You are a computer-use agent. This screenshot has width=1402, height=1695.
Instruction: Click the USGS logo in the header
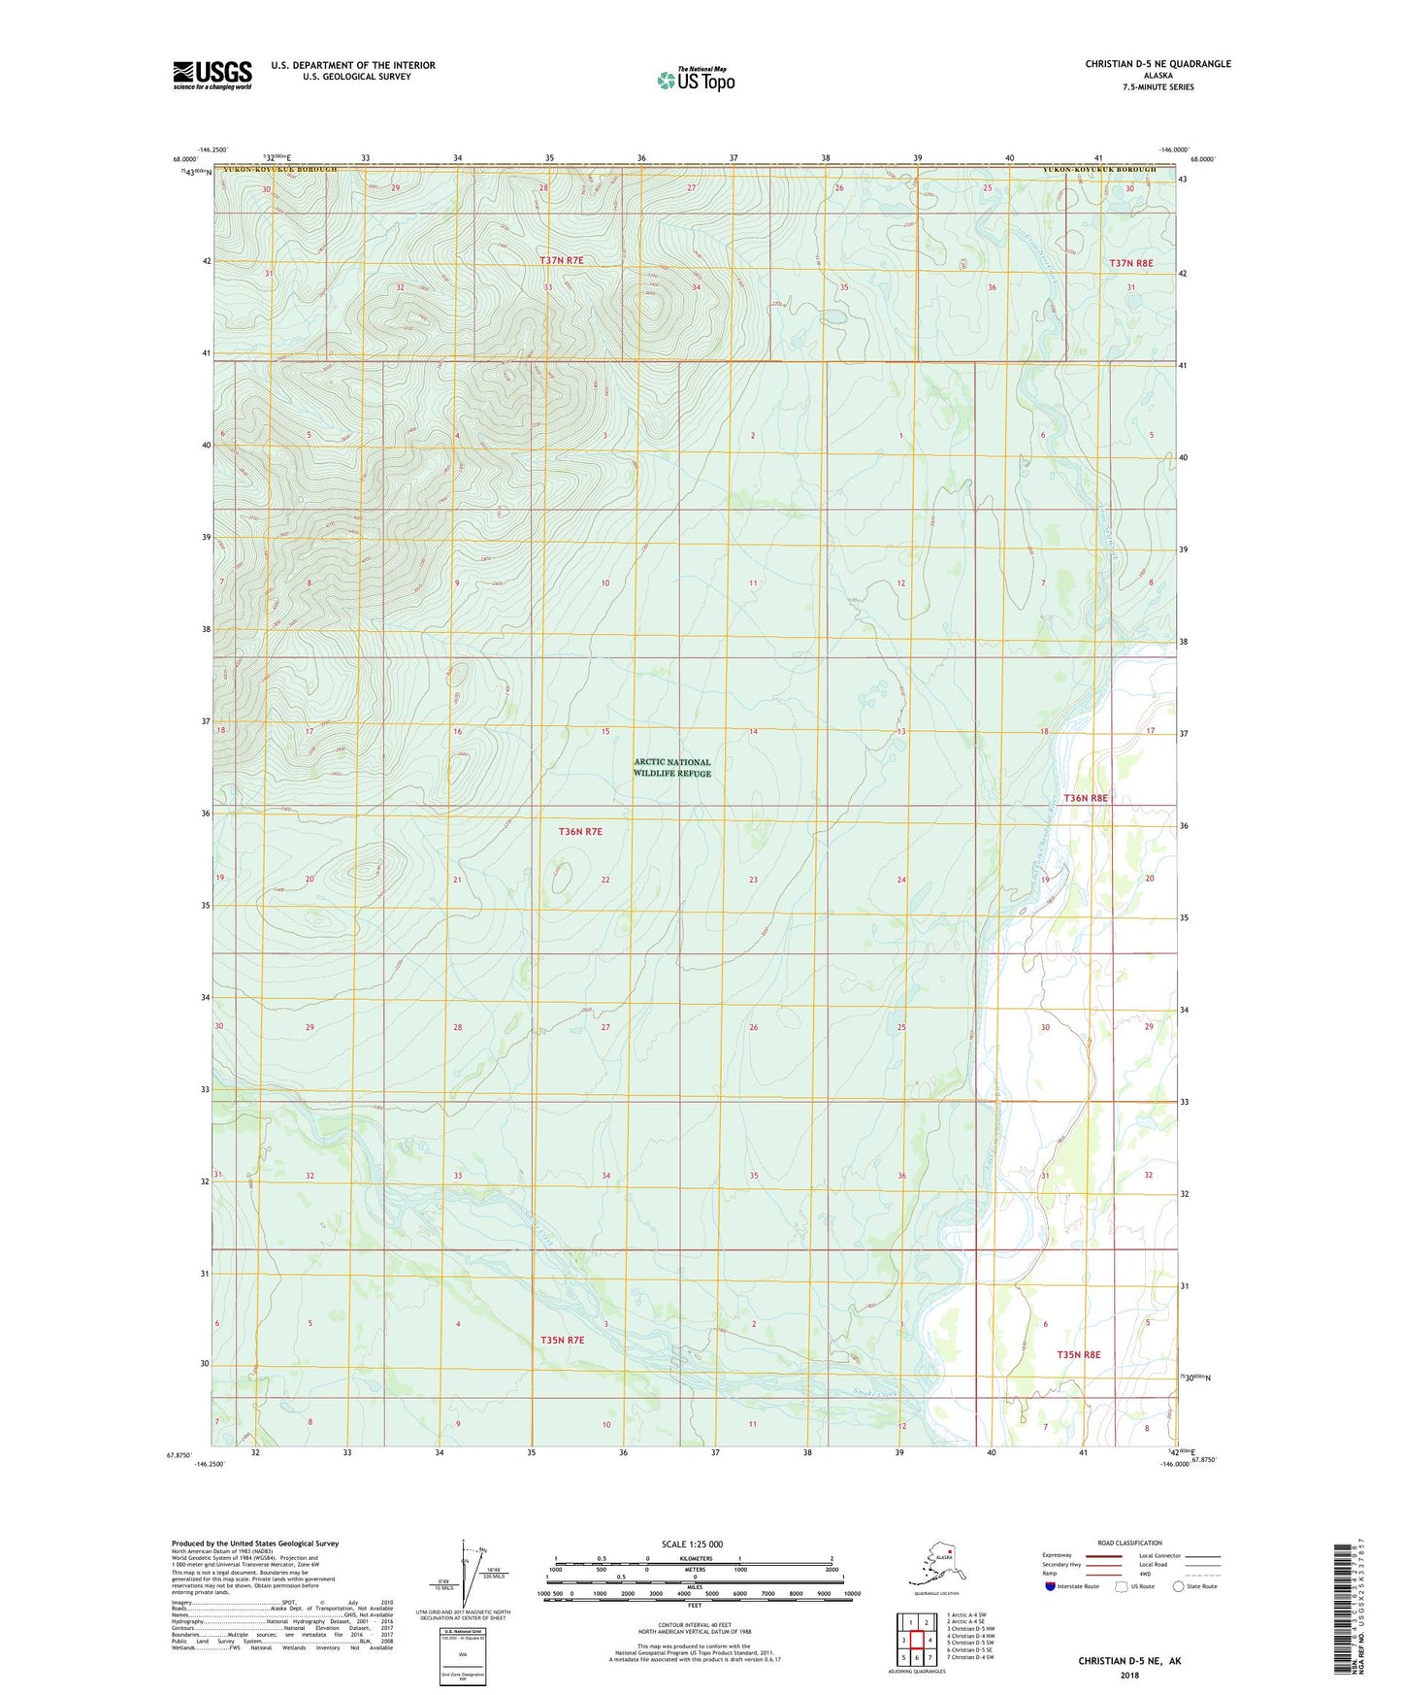pos(212,75)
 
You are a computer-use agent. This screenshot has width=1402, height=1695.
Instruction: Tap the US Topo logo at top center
pos(696,80)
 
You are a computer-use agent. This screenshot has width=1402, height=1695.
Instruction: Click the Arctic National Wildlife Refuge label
pos(672,767)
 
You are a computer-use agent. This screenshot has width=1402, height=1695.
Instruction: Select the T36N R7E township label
pos(580,831)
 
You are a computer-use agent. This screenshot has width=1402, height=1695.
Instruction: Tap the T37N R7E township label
pos(562,260)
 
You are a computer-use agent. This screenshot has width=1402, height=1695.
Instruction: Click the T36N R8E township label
pos(1086,798)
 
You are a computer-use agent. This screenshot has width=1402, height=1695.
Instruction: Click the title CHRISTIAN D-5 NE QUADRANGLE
pos(1157,64)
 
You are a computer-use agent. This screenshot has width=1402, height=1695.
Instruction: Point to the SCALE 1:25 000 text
pos(694,1545)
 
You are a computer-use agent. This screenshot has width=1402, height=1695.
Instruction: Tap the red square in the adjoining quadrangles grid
pos(916,1640)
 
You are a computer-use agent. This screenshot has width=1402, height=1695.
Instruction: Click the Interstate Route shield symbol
pos(1050,1586)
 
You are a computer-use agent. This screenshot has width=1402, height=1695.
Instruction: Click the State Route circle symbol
pos(1178,1586)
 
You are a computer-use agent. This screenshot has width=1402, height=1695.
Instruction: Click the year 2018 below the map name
pos(1128,1676)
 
